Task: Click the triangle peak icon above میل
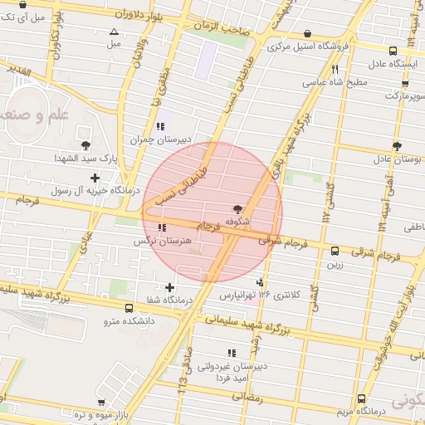115,32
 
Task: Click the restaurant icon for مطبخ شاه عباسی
335,70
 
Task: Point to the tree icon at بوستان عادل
397,145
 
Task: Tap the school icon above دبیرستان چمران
159,126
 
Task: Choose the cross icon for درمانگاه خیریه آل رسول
95,178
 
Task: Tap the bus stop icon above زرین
335,251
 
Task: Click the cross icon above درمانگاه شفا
170,287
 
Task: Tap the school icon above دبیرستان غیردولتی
232,353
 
